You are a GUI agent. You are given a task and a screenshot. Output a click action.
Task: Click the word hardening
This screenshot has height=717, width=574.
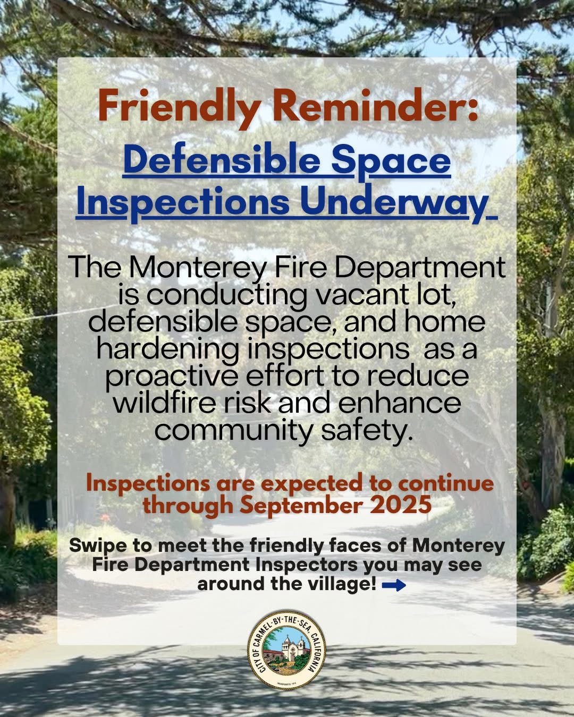click(168, 349)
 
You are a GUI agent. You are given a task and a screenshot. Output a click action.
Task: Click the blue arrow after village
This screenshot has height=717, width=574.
click(394, 585)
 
